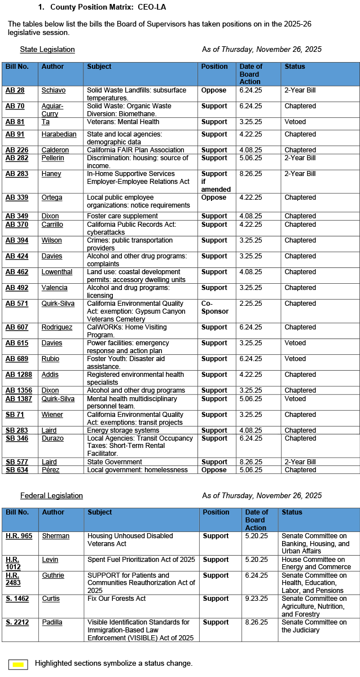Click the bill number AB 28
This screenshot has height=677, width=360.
[15, 90]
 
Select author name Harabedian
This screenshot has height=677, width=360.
[59, 134]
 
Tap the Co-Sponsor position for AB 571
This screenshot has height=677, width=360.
[214, 307]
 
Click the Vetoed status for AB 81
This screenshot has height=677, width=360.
[295, 122]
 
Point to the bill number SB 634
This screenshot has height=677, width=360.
[16, 470]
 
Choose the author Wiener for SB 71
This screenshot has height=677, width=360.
[52, 415]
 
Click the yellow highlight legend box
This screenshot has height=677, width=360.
[18, 664]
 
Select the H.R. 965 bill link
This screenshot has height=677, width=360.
[19, 536]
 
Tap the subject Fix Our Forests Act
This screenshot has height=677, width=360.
[116, 599]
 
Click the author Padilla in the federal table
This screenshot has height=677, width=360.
[52, 622]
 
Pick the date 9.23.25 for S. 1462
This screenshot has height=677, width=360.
[256, 599]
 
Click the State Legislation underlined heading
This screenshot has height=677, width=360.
[47, 50]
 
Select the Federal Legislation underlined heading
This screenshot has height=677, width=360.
[51, 496]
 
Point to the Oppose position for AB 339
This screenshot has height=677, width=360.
[214, 197]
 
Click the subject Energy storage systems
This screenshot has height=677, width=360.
[123, 430]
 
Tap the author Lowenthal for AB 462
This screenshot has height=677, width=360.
[57, 272]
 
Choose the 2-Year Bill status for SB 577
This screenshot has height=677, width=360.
[300, 462]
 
